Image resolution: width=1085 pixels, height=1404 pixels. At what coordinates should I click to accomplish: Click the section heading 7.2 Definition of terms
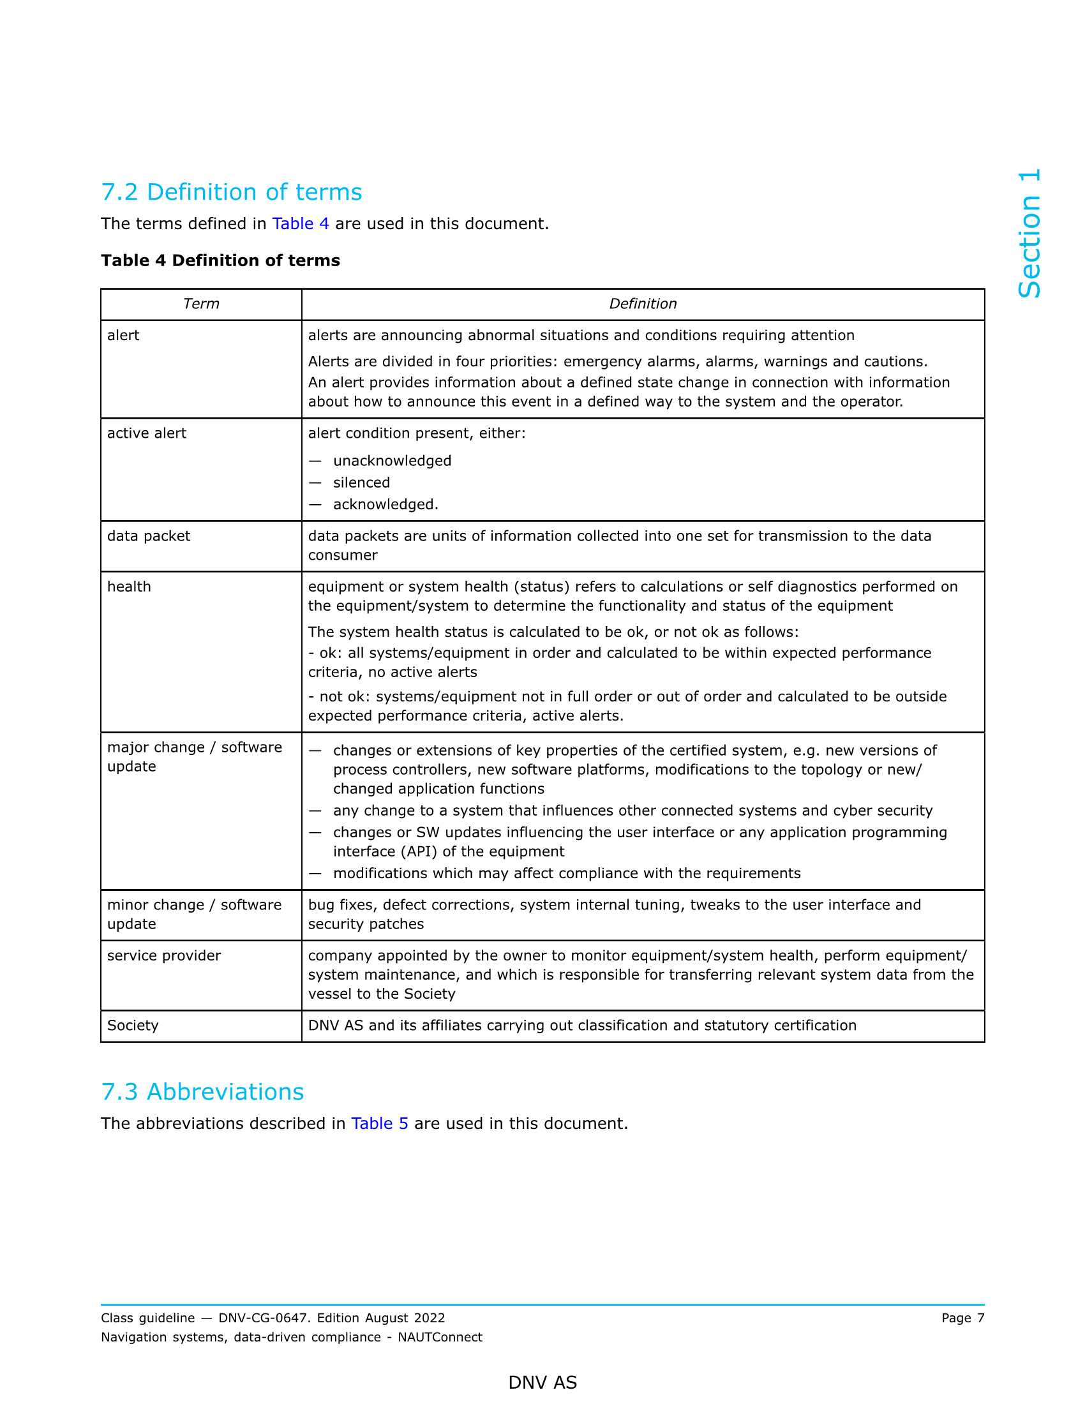coord(232,192)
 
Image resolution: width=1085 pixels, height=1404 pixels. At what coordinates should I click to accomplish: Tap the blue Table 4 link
coord(300,224)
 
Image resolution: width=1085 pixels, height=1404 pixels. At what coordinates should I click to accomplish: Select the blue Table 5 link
coord(379,1123)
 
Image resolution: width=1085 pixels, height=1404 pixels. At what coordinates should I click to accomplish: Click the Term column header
coord(200,304)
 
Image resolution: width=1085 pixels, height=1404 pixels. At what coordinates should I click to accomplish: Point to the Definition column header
coord(642,304)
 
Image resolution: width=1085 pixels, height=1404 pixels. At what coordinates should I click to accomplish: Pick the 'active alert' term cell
coord(147,433)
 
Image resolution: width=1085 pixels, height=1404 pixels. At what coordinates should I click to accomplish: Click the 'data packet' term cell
coord(149,536)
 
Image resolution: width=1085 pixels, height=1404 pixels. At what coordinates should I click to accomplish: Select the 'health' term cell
coord(129,587)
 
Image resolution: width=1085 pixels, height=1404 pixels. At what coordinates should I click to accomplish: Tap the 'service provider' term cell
coord(164,956)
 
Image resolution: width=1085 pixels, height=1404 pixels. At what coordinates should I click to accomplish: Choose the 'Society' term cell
coord(132,1026)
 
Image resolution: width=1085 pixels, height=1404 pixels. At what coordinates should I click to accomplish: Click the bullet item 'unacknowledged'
coord(392,461)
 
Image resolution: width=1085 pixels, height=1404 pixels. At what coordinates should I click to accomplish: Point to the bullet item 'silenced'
coord(361,483)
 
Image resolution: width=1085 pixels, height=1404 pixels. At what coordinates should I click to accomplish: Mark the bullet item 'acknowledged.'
coord(385,505)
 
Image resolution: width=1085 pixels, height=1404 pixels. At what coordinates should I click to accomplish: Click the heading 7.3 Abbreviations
coord(202,1091)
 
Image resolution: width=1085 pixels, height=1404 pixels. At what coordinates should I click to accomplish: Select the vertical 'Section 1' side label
coord(1029,234)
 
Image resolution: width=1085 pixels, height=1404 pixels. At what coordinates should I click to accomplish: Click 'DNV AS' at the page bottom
coord(542,1383)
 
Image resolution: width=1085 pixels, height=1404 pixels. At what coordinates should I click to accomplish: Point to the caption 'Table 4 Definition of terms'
coord(220,260)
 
